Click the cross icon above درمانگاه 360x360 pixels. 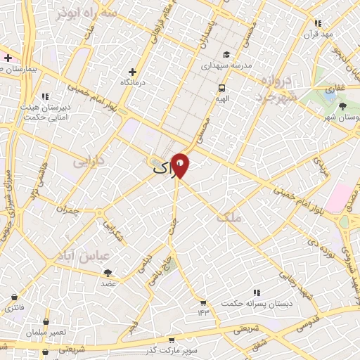click(132, 72)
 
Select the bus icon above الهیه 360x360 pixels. click(222, 89)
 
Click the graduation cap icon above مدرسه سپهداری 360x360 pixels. click(226, 55)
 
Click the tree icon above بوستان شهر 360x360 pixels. click(342, 106)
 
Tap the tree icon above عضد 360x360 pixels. click(108, 273)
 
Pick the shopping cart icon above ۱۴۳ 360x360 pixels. click(203, 302)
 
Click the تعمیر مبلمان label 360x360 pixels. click(49, 331)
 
